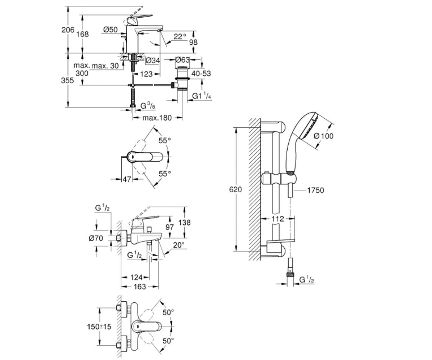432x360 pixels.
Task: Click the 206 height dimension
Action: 68,30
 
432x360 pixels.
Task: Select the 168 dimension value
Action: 82,34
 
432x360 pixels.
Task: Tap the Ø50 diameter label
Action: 111,30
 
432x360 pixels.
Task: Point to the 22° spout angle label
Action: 180,37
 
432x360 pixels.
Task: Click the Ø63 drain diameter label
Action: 183,60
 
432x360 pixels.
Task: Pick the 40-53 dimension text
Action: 201,73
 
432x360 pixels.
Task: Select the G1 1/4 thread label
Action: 202,96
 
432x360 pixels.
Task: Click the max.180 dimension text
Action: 157,118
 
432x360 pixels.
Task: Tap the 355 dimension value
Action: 67,80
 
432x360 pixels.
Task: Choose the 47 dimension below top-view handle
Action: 127,179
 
